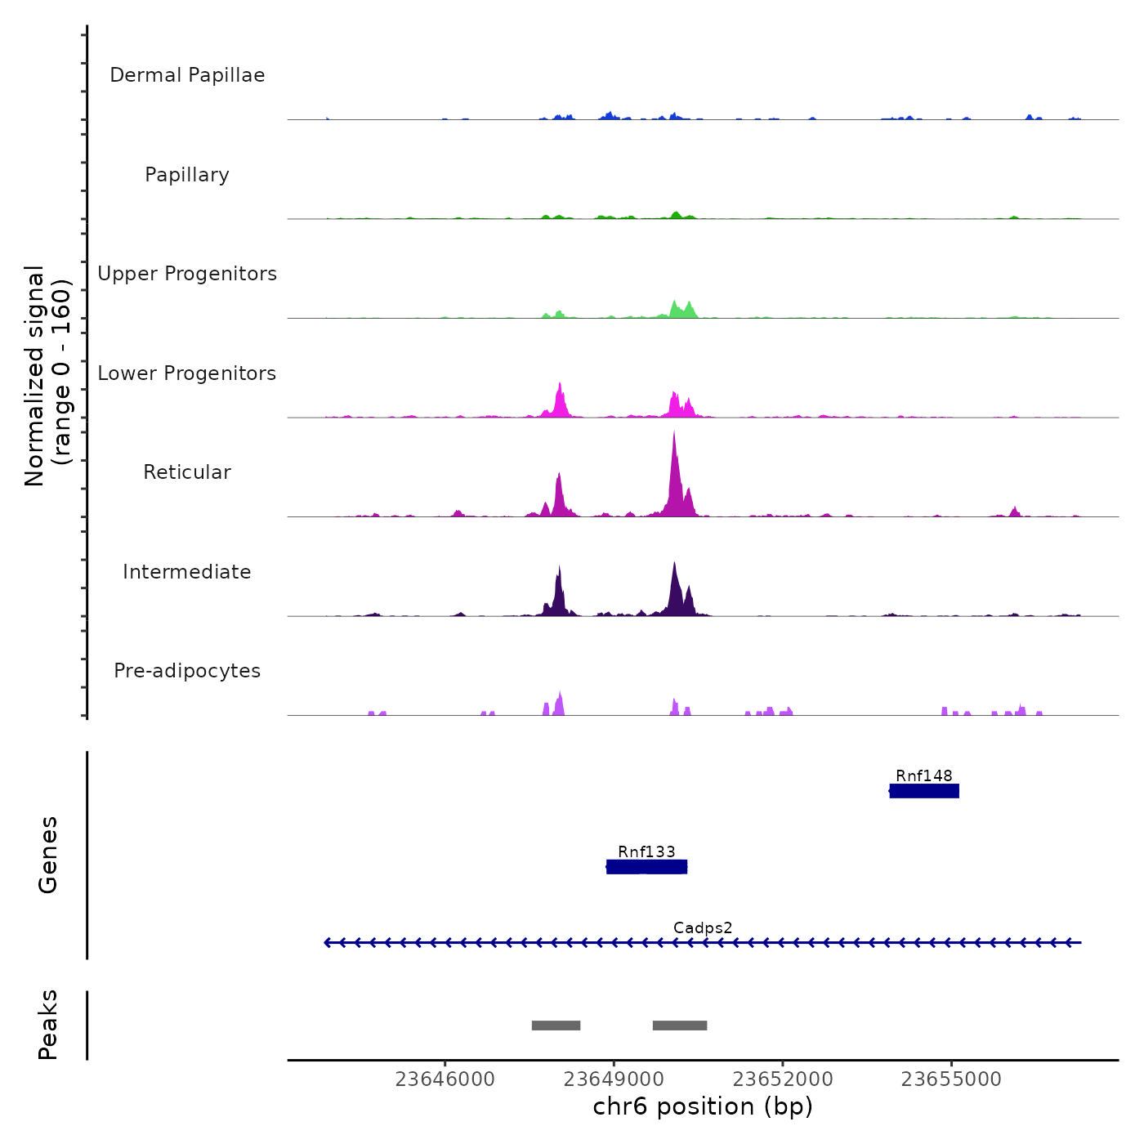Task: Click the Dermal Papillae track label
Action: point(187,75)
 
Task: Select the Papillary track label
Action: point(187,175)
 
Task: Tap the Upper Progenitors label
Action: point(187,274)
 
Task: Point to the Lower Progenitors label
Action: point(187,373)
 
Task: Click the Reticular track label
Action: point(187,472)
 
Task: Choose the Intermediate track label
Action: point(187,572)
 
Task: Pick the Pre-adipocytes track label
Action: point(187,671)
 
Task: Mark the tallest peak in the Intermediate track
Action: point(674,564)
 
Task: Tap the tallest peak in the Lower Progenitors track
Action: point(560,384)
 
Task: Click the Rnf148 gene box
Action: point(924,791)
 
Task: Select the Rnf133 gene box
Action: point(646,867)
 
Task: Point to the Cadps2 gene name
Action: point(703,928)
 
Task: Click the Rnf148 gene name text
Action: point(924,776)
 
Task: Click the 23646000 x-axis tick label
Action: point(445,1079)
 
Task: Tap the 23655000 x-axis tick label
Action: point(951,1079)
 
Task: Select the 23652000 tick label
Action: point(783,1079)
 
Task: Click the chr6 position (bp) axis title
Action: point(703,1106)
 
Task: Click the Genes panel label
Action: point(48,855)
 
